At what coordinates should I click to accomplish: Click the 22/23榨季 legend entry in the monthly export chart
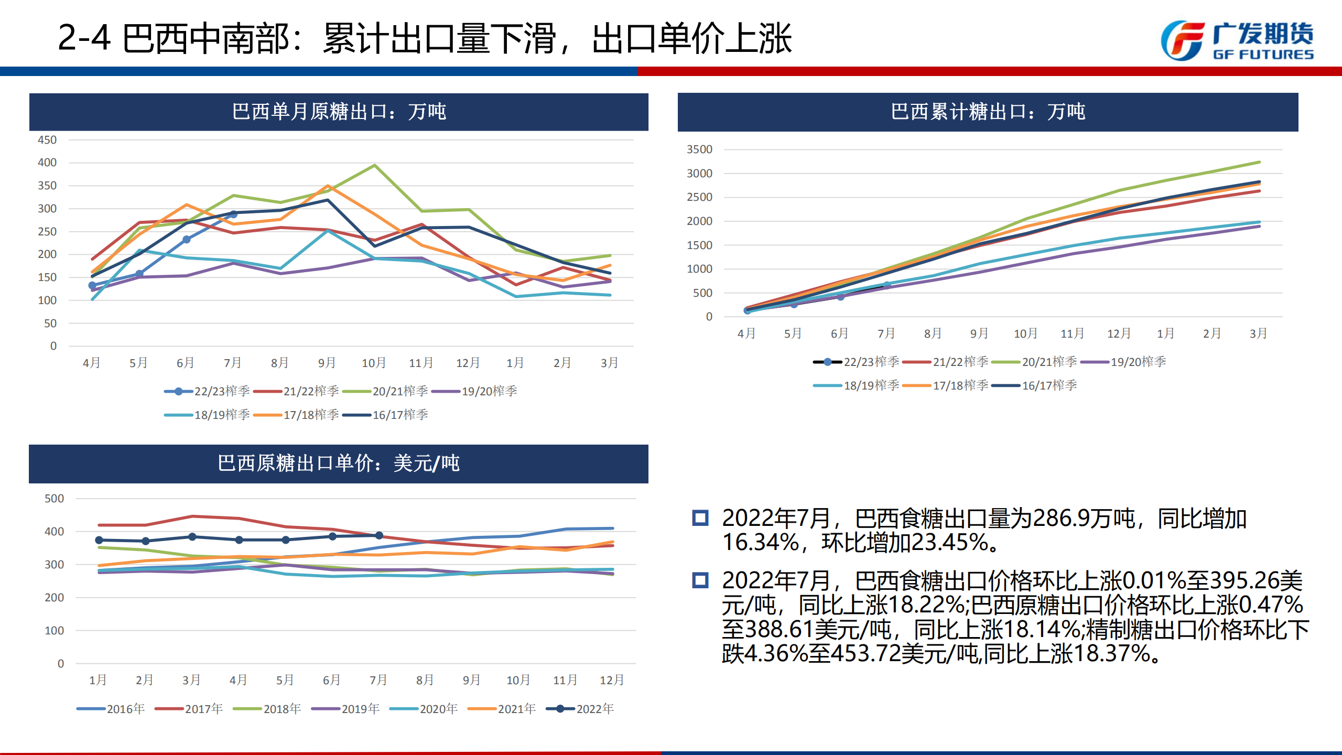click(x=208, y=391)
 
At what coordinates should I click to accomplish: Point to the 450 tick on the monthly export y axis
click(x=47, y=140)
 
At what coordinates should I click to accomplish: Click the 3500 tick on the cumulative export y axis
click(x=699, y=149)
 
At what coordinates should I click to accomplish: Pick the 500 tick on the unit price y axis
click(x=54, y=499)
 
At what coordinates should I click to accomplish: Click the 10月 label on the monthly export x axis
click(x=374, y=363)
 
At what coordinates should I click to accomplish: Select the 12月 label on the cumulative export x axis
click(x=1119, y=333)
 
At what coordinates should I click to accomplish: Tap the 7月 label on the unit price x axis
click(x=378, y=680)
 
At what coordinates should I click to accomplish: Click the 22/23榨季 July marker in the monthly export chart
click(x=233, y=214)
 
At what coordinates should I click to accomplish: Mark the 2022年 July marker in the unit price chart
click(x=379, y=535)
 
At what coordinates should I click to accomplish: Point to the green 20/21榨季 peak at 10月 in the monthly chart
click(x=374, y=166)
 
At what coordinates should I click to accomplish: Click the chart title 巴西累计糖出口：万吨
click(x=988, y=112)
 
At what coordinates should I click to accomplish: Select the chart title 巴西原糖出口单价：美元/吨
click(x=339, y=463)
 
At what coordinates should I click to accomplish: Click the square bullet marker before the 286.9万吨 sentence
click(x=700, y=518)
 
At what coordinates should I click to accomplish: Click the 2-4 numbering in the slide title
click(x=84, y=38)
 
